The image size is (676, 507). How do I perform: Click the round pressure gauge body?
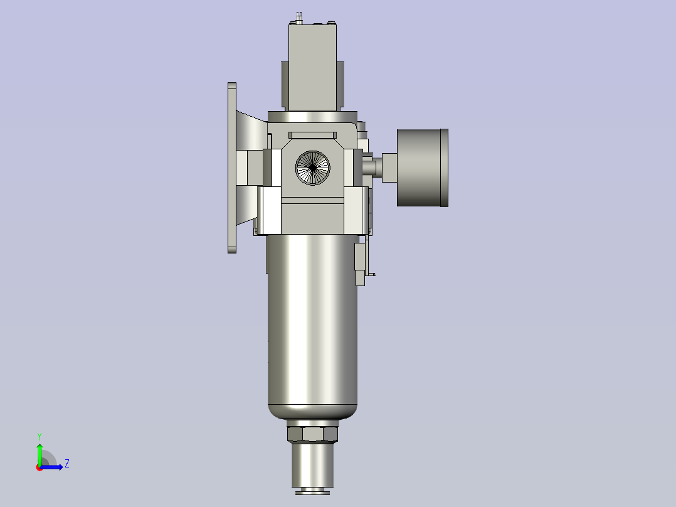click(419, 168)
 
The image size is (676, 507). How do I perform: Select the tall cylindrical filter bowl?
click(312, 320)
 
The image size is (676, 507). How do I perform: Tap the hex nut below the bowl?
click(312, 434)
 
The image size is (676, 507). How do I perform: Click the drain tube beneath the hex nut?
click(312, 464)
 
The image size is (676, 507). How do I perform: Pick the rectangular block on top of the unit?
click(312, 66)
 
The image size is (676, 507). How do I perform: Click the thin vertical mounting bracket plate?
click(232, 168)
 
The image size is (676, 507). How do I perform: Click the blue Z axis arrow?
click(55, 466)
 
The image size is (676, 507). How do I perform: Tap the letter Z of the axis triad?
click(66, 464)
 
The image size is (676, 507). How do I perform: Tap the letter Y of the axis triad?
click(40, 435)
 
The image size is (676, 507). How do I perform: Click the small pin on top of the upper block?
click(300, 16)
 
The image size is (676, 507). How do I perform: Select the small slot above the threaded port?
click(312, 135)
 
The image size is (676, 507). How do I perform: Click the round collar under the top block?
click(312, 117)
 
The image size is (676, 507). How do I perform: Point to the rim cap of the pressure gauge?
click(445, 168)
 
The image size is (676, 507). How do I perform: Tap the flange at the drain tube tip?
click(312, 491)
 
